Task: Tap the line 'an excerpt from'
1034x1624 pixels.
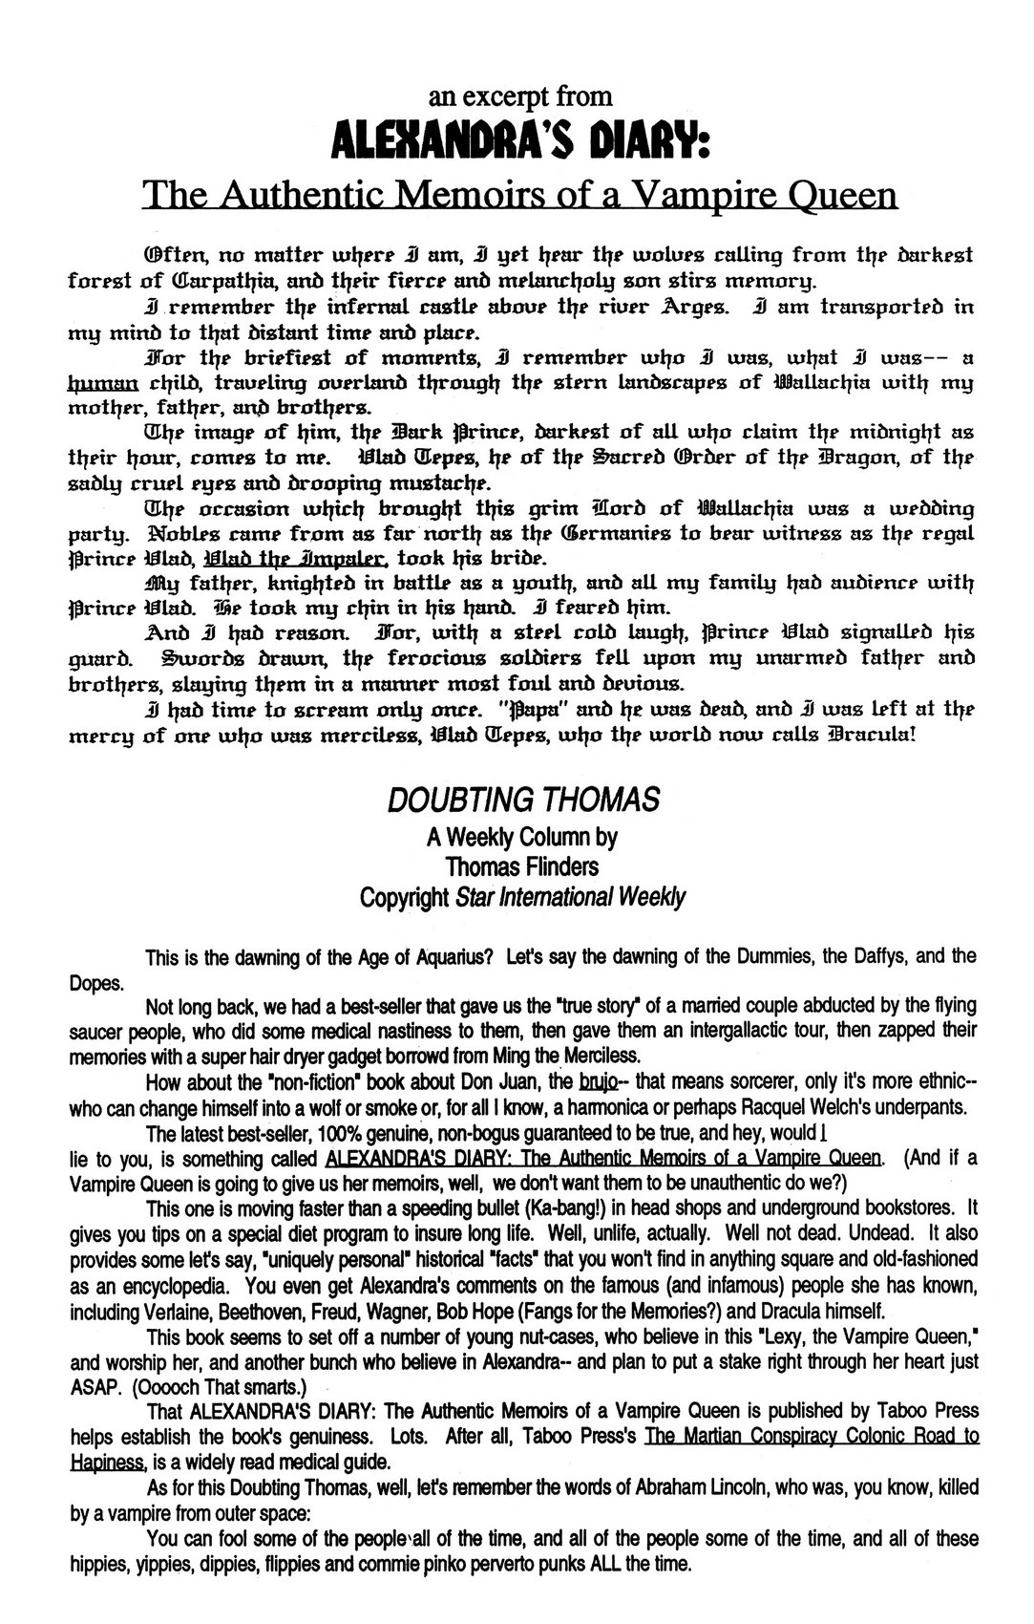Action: click(519, 96)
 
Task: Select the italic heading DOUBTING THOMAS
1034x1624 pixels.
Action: click(523, 800)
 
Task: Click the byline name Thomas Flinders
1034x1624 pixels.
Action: click(521, 866)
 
